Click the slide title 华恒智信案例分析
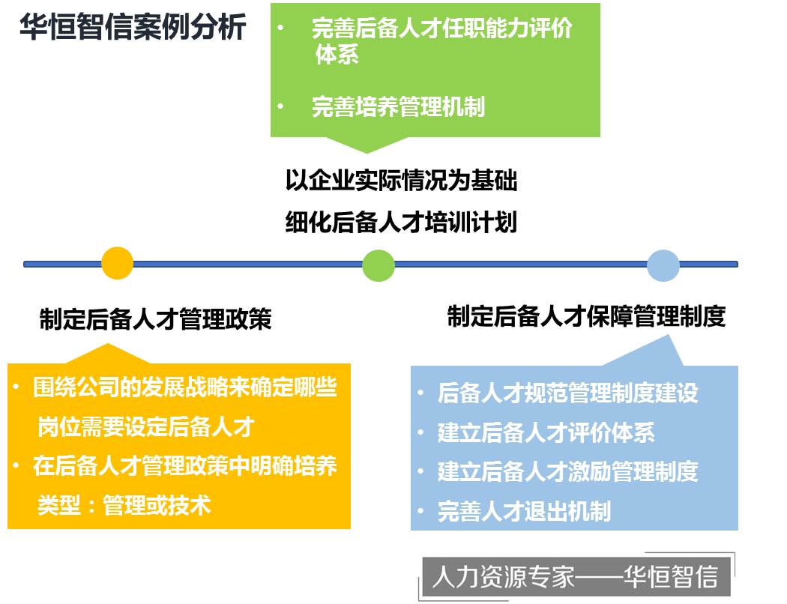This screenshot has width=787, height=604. click(133, 26)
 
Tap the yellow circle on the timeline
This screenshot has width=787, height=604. click(117, 263)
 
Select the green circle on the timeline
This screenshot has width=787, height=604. click(379, 265)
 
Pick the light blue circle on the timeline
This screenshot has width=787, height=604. click(663, 265)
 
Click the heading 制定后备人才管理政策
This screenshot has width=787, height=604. click(156, 319)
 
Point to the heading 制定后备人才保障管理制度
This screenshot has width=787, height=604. click(586, 316)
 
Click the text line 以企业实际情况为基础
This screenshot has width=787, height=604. click(401, 180)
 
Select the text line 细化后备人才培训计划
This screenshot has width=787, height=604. click(401, 223)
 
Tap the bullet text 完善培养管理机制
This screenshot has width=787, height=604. click(398, 107)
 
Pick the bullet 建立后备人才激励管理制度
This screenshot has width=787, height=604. click(567, 471)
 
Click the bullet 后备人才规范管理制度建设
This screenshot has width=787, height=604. click(567, 393)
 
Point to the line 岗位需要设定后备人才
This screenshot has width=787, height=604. click(145, 426)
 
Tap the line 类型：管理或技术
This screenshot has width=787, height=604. click(124, 505)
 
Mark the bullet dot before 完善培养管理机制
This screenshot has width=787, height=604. click(280, 106)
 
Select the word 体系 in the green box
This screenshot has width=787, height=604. click(337, 54)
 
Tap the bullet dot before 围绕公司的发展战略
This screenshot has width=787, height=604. click(16, 387)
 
